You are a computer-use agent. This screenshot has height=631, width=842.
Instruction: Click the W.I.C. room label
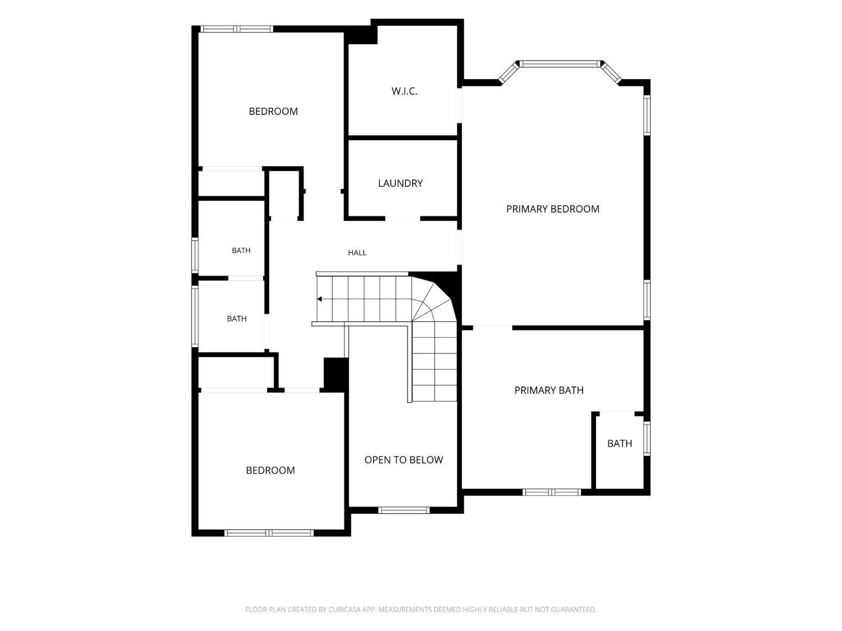(404, 91)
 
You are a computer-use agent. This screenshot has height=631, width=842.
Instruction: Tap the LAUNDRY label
(400, 183)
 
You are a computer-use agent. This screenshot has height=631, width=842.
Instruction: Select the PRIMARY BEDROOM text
(552, 209)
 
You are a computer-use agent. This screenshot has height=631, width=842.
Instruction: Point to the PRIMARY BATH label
(548, 390)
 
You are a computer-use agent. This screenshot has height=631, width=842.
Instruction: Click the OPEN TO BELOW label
(404, 460)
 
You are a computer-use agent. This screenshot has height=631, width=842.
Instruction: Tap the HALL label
(357, 252)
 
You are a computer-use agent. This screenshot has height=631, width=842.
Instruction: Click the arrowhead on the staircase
(319, 299)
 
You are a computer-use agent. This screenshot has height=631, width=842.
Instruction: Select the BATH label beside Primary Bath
(620, 443)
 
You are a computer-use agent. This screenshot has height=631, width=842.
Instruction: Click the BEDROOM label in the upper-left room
(273, 111)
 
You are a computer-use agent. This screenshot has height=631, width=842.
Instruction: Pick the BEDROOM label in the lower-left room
(270, 470)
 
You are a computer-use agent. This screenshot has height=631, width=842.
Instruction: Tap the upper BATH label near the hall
(241, 251)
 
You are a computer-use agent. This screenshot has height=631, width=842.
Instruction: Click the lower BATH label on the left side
(236, 319)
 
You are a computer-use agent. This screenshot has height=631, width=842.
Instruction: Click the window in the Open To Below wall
(404, 510)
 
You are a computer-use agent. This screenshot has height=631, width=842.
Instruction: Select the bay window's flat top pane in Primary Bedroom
(559, 64)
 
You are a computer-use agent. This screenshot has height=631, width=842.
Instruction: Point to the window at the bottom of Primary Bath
(552, 492)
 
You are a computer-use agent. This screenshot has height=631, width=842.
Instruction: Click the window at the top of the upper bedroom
(237, 29)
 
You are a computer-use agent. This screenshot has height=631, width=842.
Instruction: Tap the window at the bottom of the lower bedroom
(269, 533)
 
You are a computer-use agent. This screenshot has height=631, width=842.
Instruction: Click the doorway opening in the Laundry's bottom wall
(402, 218)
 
